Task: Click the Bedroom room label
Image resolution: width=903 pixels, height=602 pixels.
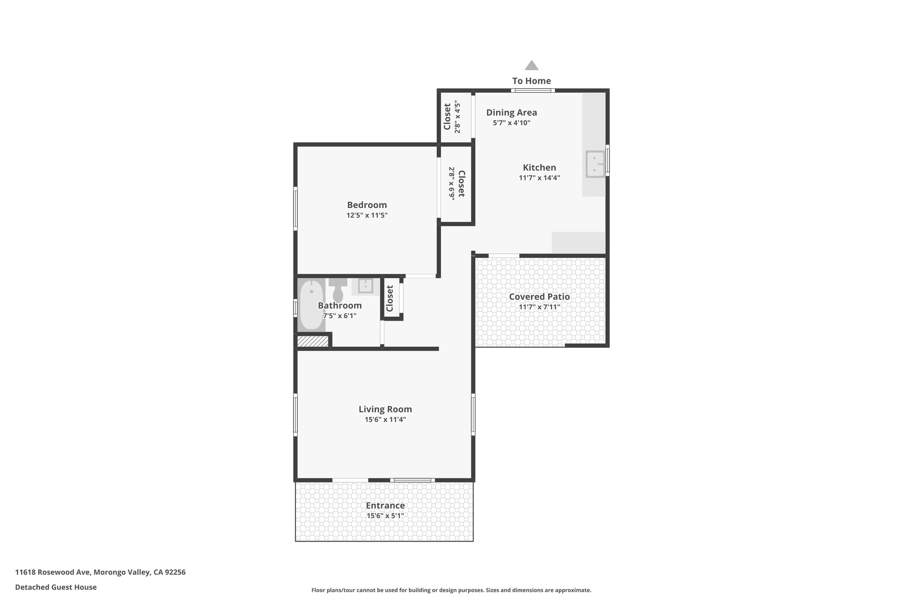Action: (367, 205)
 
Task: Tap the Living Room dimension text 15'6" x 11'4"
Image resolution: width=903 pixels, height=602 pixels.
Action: (385, 419)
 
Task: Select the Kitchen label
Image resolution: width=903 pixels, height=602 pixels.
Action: (539, 168)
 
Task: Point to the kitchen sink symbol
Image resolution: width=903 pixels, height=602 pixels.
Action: (595, 164)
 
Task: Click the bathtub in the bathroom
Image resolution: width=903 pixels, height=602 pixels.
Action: (311, 305)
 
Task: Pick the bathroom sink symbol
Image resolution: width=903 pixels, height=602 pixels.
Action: (366, 286)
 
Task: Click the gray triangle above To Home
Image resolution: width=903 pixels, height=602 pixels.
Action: (531, 65)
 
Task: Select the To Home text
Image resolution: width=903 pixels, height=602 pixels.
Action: (531, 81)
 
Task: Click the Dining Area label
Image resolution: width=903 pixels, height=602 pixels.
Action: (511, 112)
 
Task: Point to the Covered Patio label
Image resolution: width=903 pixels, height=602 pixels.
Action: (539, 297)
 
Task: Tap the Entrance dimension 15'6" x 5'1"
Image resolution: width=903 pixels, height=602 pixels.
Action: (385, 516)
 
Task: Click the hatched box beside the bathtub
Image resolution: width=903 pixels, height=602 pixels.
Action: (313, 341)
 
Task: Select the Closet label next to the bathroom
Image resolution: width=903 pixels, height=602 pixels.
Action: (390, 298)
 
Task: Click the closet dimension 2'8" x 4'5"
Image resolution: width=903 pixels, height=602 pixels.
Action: (458, 117)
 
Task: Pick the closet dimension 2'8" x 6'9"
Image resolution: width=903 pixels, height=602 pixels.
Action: (452, 183)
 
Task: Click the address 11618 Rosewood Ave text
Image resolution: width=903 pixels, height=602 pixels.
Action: (53, 572)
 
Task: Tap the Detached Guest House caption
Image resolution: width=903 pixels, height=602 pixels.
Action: (56, 587)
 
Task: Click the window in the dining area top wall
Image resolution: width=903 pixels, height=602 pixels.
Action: (533, 91)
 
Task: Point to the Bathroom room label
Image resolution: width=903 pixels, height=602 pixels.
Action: (340, 306)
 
